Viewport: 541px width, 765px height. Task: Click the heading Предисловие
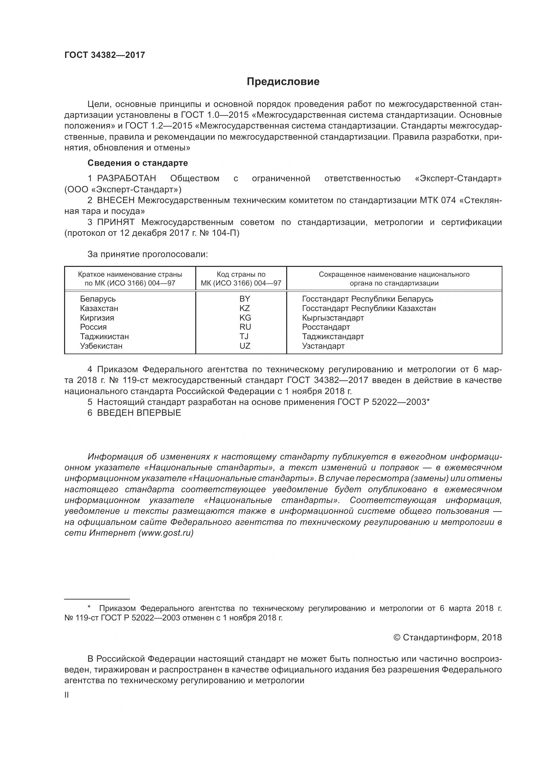(283, 82)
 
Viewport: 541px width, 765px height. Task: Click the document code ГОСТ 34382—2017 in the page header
(105, 55)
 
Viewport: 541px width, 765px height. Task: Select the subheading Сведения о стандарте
(138, 163)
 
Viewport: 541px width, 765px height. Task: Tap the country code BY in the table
(245, 299)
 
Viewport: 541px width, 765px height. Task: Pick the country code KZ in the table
(245, 308)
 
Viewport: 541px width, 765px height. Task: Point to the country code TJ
(244, 337)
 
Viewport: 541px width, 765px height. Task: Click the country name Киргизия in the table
(97, 318)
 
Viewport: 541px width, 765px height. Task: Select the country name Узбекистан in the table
(101, 346)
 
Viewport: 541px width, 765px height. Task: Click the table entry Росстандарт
(326, 327)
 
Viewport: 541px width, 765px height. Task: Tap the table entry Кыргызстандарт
(333, 318)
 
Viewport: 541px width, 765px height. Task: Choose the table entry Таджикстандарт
(333, 337)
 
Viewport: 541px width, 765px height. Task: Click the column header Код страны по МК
(241, 279)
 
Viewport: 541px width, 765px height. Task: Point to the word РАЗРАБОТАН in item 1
(127, 179)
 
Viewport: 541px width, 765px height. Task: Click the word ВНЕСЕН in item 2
(116, 200)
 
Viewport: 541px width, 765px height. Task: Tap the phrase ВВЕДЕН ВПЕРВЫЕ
(139, 413)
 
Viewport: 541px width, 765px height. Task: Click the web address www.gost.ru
(166, 533)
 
